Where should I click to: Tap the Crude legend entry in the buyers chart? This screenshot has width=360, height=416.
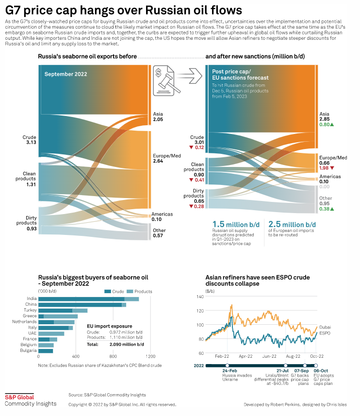pyautogui.click(x=115, y=291)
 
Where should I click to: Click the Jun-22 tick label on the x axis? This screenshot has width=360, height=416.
pyautogui.click(x=269, y=356)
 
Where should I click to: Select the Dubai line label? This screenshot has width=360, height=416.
pyautogui.click(x=326, y=328)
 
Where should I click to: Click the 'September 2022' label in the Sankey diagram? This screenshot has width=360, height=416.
pyautogui.click(x=66, y=74)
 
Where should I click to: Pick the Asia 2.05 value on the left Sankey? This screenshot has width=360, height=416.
pyautogui.click(x=158, y=119)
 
